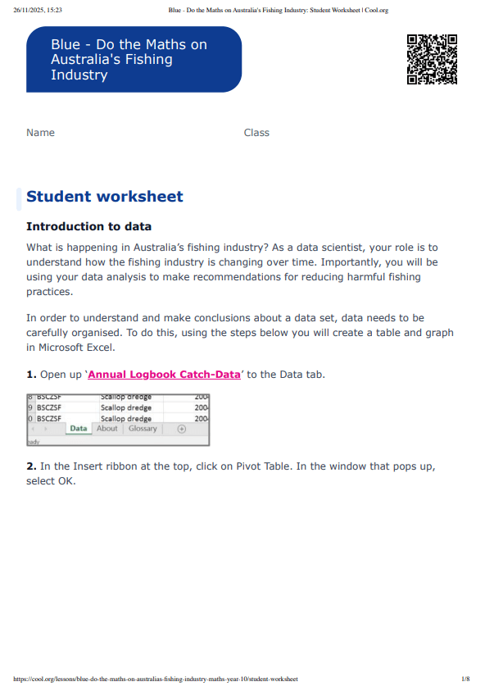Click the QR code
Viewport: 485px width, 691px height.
click(432, 60)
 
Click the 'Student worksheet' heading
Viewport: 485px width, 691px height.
click(105, 197)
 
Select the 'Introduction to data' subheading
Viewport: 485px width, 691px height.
click(88, 226)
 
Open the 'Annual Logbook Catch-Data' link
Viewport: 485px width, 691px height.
click(164, 375)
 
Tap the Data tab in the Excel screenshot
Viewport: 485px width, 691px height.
click(79, 429)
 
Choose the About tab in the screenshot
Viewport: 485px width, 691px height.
click(107, 429)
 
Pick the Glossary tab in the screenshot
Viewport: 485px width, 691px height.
click(143, 429)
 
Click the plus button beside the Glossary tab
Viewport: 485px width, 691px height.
click(181, 429)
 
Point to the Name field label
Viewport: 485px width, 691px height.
click(40, 133)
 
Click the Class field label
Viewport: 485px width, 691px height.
click(256, 133)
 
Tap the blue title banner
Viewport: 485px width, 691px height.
click(134, 59)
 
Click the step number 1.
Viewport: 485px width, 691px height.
click(31, 375)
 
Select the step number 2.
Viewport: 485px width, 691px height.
click(31, 466)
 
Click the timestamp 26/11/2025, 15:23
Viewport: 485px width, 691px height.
click(39, 11)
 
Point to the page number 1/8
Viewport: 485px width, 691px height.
click(465, 680)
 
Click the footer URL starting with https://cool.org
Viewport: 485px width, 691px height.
click(156, 680)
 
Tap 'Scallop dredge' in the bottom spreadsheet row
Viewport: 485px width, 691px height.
click(126, 418)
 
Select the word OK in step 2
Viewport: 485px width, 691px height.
click(66, 480)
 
